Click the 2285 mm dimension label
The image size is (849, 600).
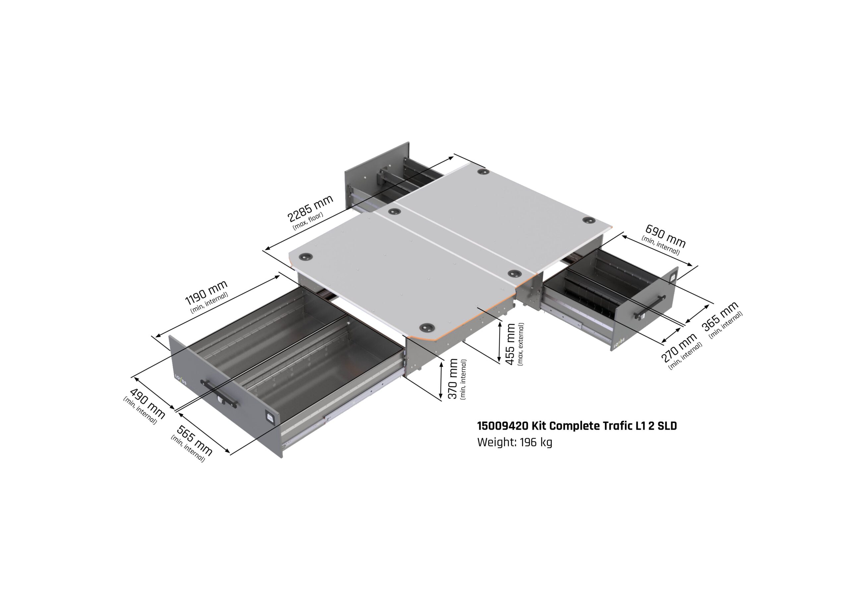[x=310, y=208]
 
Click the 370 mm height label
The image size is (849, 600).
[x=453, y=379]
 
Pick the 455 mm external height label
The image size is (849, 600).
[x=510, y=344]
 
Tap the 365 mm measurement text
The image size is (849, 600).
[x=720, y=316]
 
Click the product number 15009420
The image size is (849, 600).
[x=502, y=426]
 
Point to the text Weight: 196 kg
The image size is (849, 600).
[x=514, y=442]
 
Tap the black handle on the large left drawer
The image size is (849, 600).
[x=219, y=393]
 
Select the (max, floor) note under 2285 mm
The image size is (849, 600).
[x=308, y=221]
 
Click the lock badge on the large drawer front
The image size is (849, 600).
[x=270, y=417]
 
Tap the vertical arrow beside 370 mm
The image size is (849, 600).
[x=441, y=380]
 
